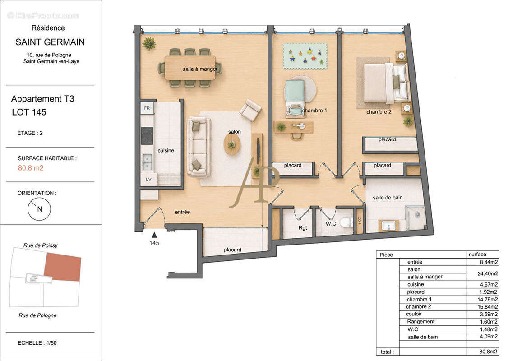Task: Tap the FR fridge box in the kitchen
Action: point(147,108)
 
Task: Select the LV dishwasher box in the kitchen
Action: point(149,179)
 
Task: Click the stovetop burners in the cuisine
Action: point(147,136)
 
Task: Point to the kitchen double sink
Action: point(147,162)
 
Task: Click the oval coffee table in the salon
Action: point(232,144)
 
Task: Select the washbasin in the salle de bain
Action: point(388,226)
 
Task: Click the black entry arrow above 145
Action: point(154,235)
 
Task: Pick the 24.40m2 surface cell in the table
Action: point(488,273)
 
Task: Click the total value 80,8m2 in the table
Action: point(488,352)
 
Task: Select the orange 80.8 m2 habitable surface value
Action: point(31,168)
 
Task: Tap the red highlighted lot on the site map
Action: point(63,267)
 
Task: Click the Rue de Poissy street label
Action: point(41,245)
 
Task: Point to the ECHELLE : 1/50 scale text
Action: point(37,343)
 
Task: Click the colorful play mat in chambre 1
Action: point(305,56)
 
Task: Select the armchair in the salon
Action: point(250,110)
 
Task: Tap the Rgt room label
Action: point(303,228)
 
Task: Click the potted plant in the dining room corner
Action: point(149,43)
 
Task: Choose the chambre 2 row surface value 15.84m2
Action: point(488,306)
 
